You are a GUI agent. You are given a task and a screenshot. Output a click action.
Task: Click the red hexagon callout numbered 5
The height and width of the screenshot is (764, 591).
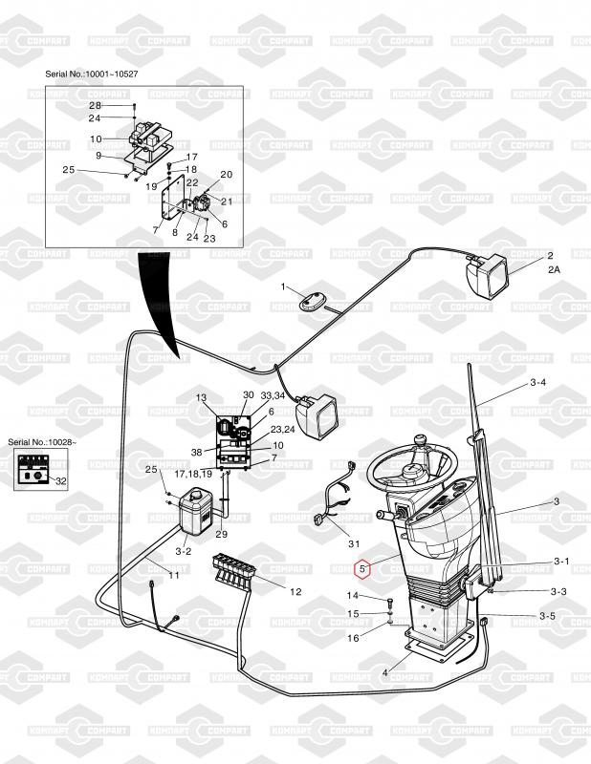pos(362,568)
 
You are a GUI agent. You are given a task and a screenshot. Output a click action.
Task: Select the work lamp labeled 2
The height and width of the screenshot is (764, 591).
pos(488,275)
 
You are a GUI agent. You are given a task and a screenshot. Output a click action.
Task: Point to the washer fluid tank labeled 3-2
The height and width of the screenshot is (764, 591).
pos(195,511)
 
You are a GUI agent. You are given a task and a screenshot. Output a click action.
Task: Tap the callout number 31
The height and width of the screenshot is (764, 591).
pos(354,543)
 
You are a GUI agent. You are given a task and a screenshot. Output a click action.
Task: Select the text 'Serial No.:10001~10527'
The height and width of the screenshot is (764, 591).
pos(92,74)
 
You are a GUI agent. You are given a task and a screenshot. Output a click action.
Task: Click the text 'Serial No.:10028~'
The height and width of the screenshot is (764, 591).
pos(42,442)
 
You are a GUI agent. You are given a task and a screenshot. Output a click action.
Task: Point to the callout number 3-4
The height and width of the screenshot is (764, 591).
pos(537,383)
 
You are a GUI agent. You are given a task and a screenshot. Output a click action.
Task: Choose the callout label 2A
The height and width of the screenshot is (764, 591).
pos(554,268)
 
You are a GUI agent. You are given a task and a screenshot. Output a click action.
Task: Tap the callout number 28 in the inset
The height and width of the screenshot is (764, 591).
pos(95,105)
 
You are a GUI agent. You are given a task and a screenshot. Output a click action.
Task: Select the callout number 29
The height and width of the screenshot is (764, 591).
pos(222,534)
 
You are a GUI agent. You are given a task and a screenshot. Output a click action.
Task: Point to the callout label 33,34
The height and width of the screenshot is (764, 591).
pos(273,395)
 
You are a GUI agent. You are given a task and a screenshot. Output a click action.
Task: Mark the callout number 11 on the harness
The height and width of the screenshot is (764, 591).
pos(174,575)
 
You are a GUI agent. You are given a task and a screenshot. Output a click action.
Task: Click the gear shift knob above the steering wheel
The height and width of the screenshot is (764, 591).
pos(419,441)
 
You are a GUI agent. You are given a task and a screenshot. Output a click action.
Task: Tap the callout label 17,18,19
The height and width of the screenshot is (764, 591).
pos(193,474)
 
